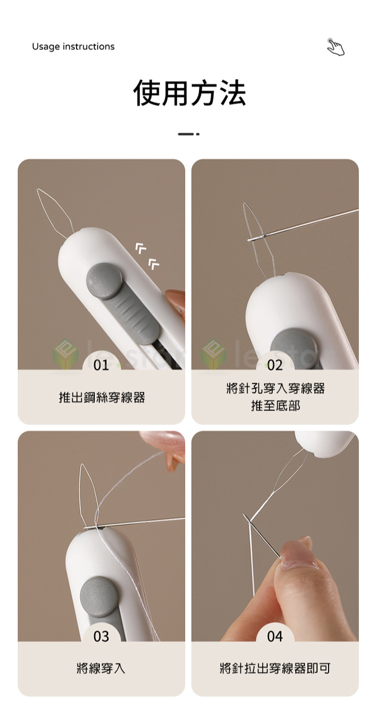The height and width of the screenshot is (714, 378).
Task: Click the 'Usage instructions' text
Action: point(73,46)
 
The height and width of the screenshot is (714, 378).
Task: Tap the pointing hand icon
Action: point(336,47)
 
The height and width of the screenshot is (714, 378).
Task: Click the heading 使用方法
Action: point(190,93)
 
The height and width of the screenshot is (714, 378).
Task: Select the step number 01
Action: point(101,365)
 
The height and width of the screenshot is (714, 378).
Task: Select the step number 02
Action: point(275,365)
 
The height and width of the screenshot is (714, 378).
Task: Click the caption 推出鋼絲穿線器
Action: point(102,397)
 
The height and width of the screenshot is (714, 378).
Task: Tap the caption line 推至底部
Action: point(276,406)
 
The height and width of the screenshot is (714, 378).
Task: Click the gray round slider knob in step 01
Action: point(104,281)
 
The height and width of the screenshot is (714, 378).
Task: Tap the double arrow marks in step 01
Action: point(148,256)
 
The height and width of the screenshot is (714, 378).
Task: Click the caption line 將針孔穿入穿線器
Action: point(276,388)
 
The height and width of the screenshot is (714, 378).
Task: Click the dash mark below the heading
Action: point(188,134)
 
